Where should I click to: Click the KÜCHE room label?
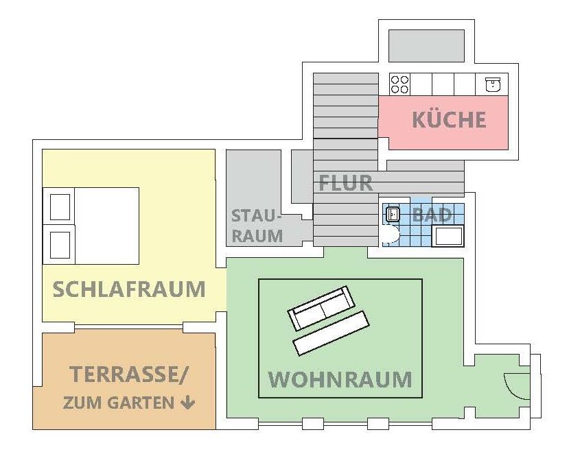[449, 119]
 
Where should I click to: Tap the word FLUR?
[345, 183]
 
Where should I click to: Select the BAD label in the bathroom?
[432, 215]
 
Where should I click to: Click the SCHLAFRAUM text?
[129, 289]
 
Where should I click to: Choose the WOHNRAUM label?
[340, 379]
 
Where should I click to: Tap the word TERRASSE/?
[128, 375]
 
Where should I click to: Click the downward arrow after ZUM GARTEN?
[187, 403]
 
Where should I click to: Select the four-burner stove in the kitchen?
[399, 84]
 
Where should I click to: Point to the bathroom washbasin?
[392, 214]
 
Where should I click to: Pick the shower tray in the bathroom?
[448, 237]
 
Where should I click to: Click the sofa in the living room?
[321, 309]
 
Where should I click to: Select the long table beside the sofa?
[331, 333]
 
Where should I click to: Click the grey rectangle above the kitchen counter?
[429, 45]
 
